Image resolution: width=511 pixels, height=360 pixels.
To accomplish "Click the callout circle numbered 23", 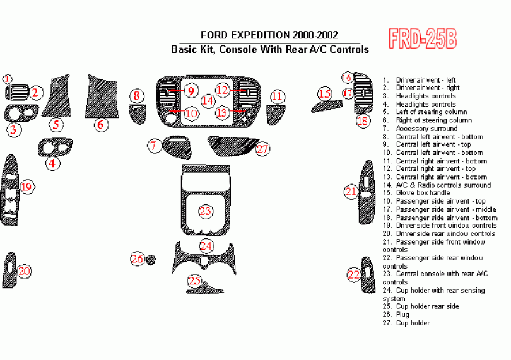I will coord(206,211).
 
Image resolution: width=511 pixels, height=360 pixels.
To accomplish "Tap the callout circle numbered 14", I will coord(208,100).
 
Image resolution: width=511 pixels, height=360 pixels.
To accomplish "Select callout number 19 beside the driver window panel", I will coord(26,187).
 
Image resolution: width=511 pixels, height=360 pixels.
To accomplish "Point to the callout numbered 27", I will coord(262,149).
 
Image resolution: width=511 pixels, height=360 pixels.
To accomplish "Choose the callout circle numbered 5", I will coord(56,124).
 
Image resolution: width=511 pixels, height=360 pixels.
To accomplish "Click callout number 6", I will coord(100,124).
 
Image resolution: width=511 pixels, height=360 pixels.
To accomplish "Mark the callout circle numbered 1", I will coord(7,79).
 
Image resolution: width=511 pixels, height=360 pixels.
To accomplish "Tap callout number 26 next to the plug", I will coord(137,258).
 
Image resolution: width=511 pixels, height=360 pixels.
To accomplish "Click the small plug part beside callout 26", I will coord(151,258).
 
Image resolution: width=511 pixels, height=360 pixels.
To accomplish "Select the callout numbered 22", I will coord(354,274).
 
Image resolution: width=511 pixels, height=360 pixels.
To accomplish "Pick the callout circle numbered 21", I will coord(350,192).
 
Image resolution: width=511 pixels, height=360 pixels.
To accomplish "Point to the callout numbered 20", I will coord(25,271).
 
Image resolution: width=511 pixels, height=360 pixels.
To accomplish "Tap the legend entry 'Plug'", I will coord(403,315).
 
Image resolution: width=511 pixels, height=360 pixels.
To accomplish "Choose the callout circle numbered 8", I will coord(136,96).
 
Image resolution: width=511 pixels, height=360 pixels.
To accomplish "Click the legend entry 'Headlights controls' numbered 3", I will coord(425,96).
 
